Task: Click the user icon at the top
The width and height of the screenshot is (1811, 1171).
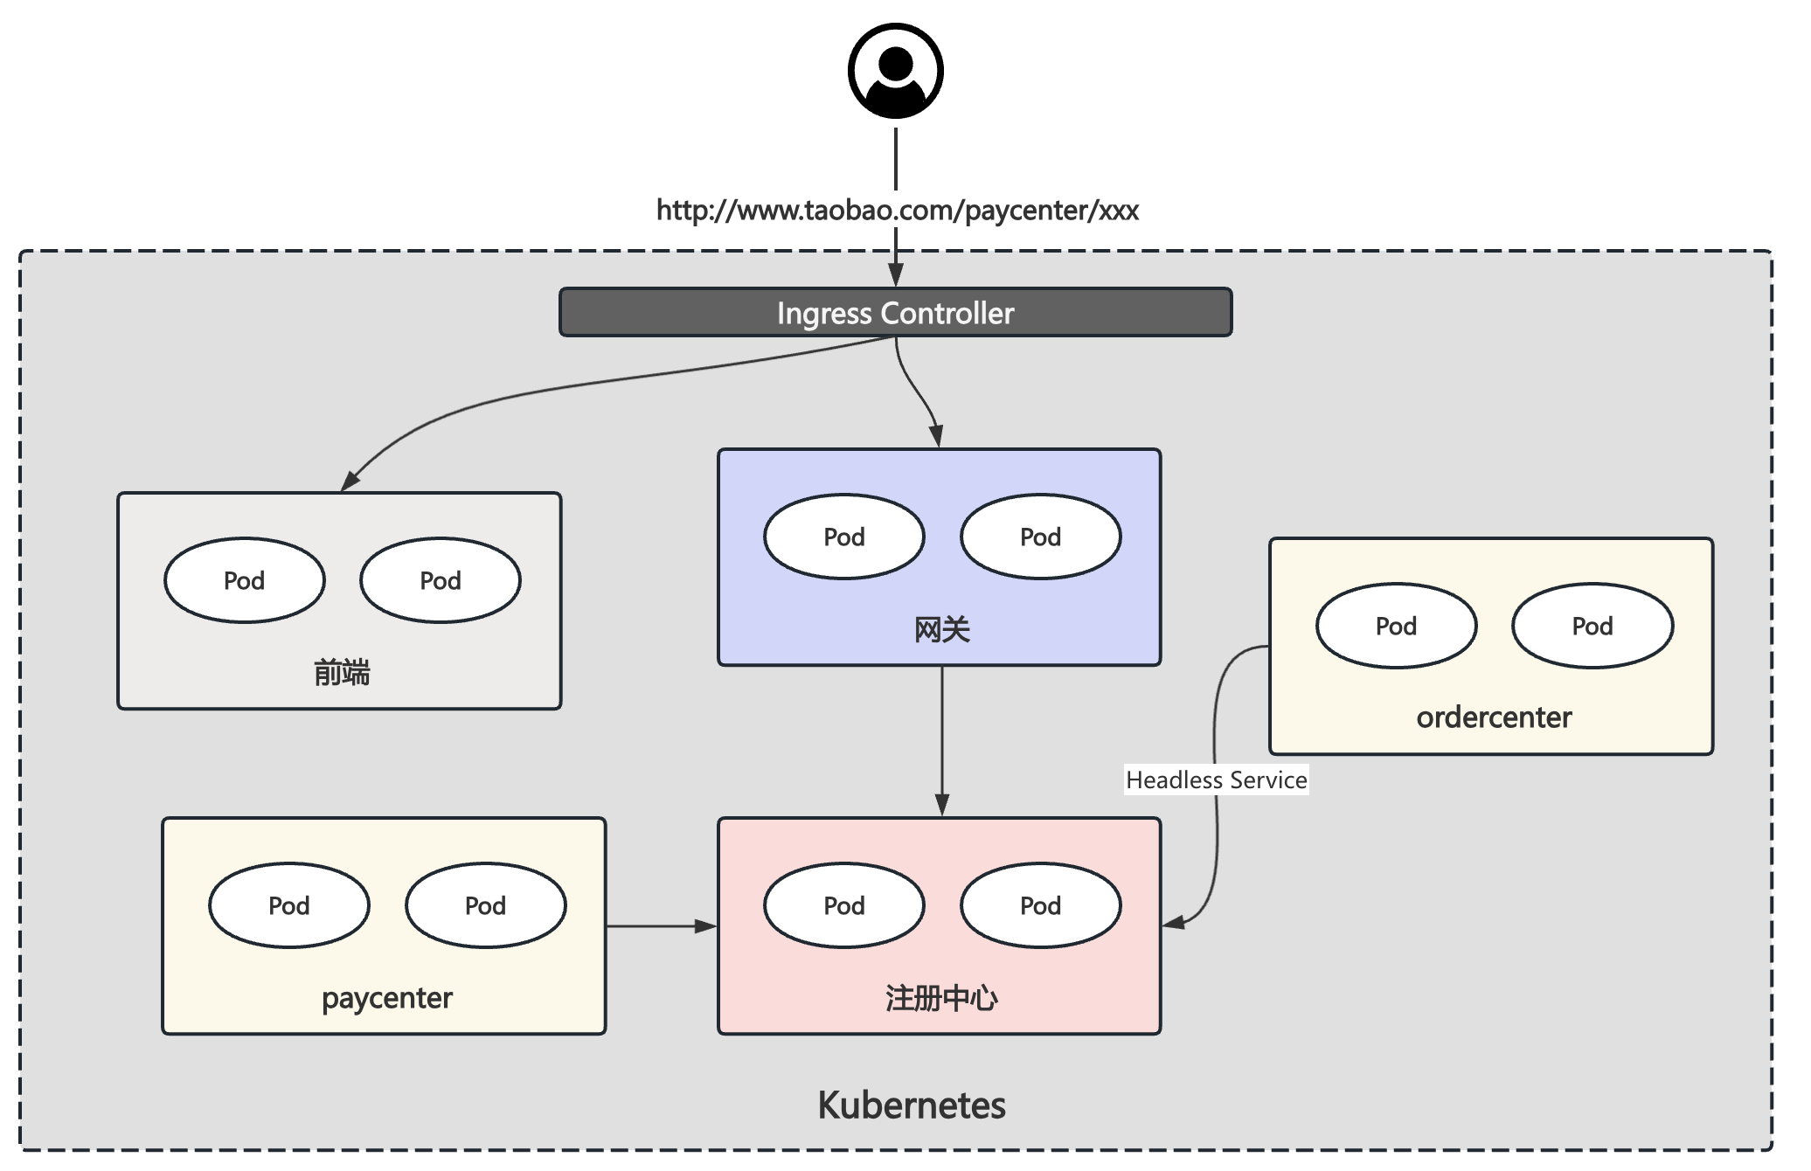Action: click(895, 71)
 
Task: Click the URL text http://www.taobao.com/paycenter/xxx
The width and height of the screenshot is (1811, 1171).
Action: click(897, 211)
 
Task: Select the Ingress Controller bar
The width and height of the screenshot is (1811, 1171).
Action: click(895, 313)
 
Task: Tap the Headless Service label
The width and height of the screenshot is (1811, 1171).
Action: click(1216, 780)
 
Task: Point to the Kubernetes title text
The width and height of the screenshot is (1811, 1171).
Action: click(911, 1105)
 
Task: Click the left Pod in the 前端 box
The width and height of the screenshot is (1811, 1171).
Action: click(245, 580)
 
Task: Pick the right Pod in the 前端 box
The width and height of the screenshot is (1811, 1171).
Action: click(441, 580)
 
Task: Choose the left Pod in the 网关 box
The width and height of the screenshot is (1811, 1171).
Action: click(844, 537)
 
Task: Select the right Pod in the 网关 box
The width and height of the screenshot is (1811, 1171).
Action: click(1040, 537)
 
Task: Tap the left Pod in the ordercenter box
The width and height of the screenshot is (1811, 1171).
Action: click(1396, 626)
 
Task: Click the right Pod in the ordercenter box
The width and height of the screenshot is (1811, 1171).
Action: click(1592, 626)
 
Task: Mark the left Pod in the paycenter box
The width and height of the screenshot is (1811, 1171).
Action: click(289, 905)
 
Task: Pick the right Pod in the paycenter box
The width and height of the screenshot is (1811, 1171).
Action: click(486, 905)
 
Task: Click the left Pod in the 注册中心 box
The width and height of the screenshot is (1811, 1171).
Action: click(844, 905)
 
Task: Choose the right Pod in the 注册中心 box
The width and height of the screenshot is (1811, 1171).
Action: click(1040, 905)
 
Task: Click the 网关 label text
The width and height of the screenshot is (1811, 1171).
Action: click(941, 629)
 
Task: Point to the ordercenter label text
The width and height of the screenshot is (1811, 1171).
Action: click(1494, 717)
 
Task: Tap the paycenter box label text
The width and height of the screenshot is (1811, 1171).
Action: click(386, 998)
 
